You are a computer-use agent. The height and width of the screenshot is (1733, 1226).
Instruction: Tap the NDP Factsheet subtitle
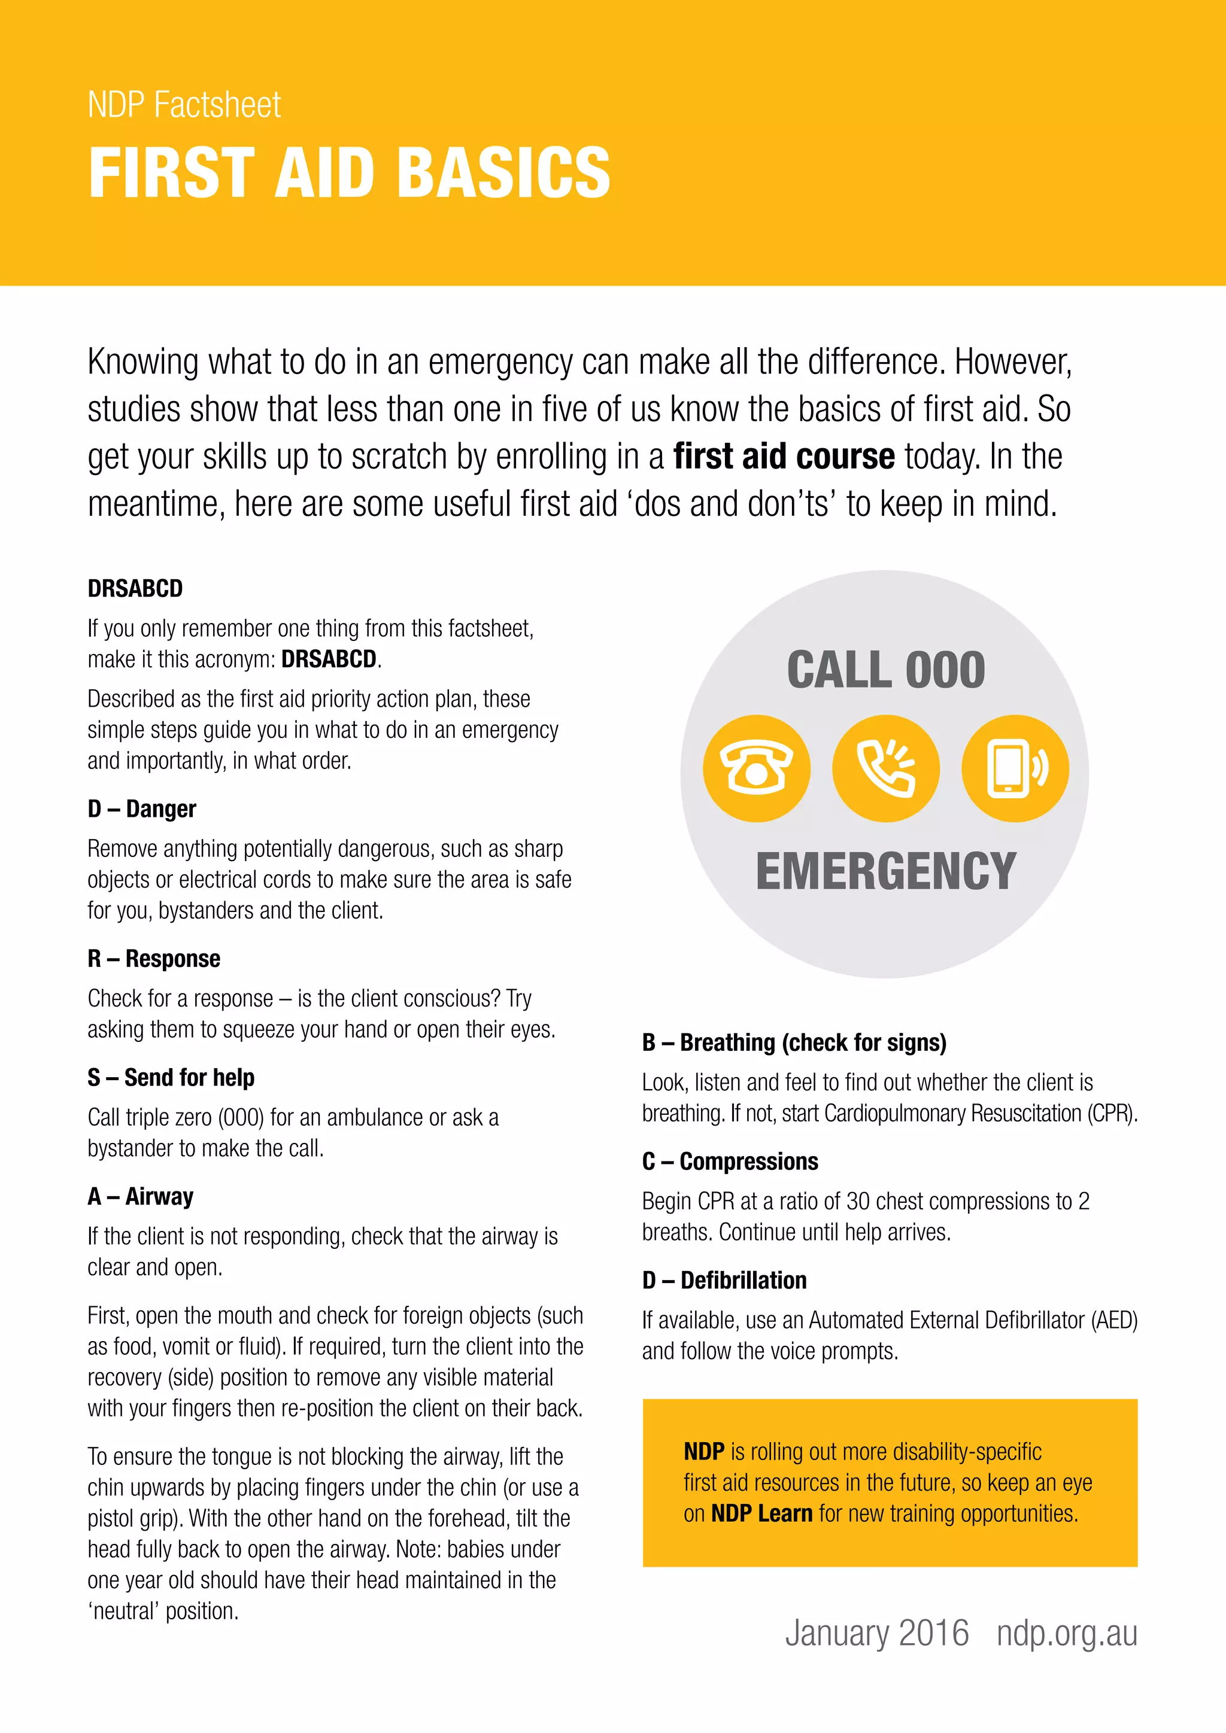184,104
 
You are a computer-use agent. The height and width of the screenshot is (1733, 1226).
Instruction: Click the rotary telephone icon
757,768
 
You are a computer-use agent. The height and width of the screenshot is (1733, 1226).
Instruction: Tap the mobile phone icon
1015,768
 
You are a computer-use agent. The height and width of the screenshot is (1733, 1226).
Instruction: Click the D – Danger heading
142,809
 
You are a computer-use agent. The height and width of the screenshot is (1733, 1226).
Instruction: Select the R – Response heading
154,959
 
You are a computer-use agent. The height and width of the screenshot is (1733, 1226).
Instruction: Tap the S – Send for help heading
171,1077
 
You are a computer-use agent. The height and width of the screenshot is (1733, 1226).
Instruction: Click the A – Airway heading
141,1196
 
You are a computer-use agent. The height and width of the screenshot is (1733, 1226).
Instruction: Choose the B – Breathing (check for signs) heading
794,1042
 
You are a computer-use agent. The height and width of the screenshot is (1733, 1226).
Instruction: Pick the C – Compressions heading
730,1161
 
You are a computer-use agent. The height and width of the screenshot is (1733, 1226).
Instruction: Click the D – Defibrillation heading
725,1280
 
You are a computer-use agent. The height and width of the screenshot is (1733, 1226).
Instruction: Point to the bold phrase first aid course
784,457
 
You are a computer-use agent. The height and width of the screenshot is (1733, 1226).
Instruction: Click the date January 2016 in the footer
876,1634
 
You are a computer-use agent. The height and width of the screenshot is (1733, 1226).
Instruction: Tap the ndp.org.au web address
1067,1634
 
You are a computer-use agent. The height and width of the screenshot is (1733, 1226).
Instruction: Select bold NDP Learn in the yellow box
761,1513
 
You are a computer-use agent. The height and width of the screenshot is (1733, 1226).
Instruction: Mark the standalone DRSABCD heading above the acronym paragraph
135,588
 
